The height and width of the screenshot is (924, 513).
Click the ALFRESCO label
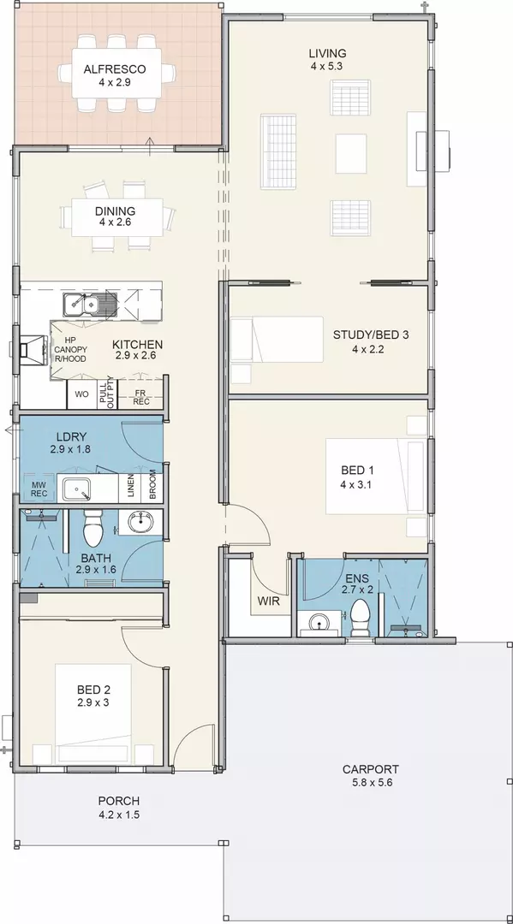pos(115,69)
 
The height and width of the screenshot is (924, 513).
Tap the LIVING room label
pos(327,54)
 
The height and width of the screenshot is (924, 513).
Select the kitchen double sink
pos(81,304)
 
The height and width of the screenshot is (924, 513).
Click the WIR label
pos(268,602)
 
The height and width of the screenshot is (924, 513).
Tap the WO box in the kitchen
pos(82,394)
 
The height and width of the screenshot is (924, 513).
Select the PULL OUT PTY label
pos(107,394)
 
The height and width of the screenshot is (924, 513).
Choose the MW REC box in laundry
pos(39,489)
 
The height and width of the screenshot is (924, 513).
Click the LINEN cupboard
pos(130,488)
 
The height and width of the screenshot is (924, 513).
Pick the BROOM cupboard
pos(152,488)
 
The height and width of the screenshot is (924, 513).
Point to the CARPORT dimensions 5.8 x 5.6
pos(371,783)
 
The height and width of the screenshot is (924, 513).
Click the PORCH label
pos(118,801)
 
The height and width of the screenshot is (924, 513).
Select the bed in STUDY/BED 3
pos(277,340)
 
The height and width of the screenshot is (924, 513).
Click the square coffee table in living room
pos(351,153)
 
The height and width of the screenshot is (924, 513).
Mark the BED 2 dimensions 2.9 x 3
pos(93,702)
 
